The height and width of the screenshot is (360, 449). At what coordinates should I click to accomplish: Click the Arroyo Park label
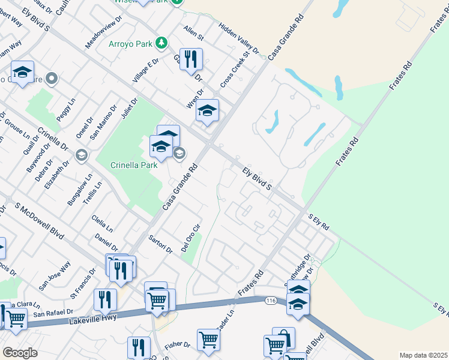point(130,44)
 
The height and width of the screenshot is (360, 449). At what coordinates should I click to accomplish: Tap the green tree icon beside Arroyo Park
point(161,43)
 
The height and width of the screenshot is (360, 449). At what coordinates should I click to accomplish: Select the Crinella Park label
point(134,165)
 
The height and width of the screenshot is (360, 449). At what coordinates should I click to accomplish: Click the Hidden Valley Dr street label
point(238,40)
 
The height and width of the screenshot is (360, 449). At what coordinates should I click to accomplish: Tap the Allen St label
point(194,34)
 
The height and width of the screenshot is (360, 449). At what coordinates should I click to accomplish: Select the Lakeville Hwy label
point(91,319)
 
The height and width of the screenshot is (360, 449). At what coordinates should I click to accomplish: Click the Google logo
point(20,353)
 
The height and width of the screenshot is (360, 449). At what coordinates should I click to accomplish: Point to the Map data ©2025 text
point(423,355)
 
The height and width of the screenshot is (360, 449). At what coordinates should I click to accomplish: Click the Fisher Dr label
point(177,346)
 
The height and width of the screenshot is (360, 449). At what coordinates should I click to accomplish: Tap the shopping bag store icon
point(283,338)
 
